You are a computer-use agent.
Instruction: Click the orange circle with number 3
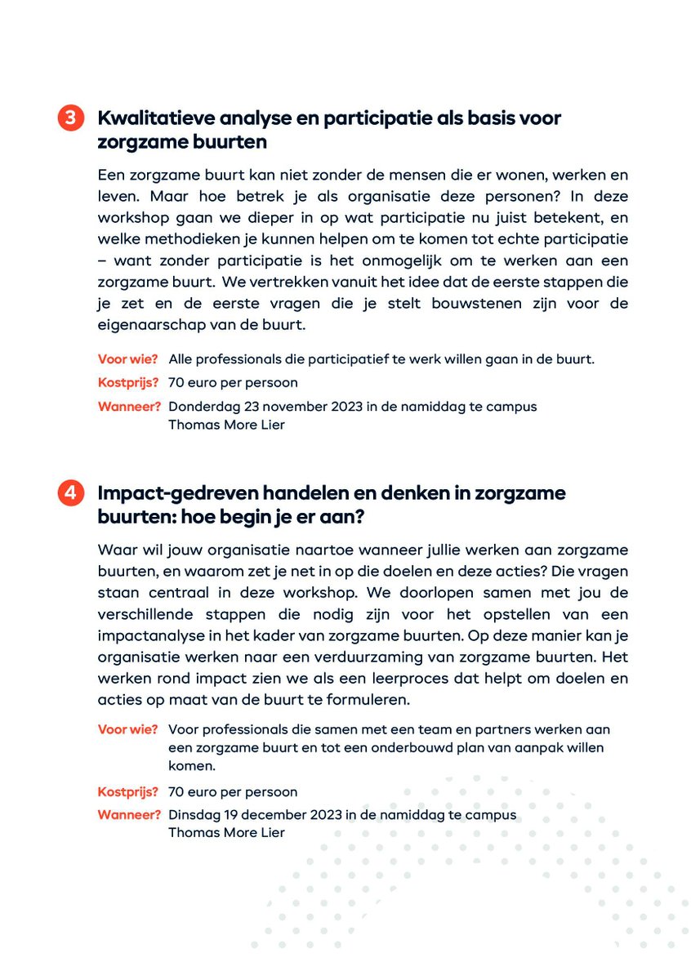[70, 118]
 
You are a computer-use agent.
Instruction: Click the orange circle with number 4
[70, 493]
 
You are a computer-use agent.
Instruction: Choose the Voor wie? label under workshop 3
[128, 359]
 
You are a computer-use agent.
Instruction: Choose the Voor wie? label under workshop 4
[128, 729]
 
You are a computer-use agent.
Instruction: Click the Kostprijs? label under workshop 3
[128, 382]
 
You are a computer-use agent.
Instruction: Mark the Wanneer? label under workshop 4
[130, 815]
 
